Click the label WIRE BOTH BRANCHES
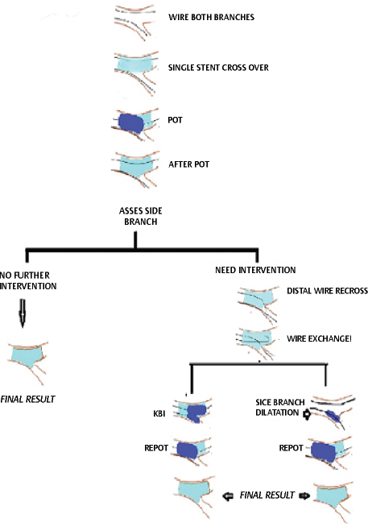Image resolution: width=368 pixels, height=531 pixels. click(211, 17)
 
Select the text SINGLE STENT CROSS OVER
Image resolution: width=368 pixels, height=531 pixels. click(218, 68)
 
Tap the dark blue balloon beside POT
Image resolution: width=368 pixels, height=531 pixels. click(132, 123)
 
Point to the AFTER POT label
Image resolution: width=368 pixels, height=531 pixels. click(189, 164)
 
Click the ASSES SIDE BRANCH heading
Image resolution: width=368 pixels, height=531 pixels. click(140, 216)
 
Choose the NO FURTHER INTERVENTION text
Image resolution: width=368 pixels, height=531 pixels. click(28, 280)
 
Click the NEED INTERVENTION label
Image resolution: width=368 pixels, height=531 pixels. click(255, 270)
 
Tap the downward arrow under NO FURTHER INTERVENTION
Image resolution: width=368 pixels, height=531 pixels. click(23, 313)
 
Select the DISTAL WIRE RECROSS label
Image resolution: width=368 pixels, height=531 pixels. click(327, 291)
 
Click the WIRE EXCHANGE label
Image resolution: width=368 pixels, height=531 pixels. click(319, 338)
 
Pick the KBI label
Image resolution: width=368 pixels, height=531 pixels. click(159, 413)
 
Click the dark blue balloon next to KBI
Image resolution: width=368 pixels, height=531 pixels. click(196, 413)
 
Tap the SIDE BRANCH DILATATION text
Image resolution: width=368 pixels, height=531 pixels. click(280, 408)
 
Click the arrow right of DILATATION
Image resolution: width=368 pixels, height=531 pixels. click(307, 414)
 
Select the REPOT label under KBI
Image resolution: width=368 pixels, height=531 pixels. click(156, 448)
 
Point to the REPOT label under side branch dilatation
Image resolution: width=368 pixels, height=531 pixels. click(291, 448)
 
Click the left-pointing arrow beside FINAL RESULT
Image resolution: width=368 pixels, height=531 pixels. click(228, 496)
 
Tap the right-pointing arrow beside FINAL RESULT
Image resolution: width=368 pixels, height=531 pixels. click(304, 496)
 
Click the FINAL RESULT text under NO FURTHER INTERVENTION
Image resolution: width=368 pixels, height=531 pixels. click(27, 400)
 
